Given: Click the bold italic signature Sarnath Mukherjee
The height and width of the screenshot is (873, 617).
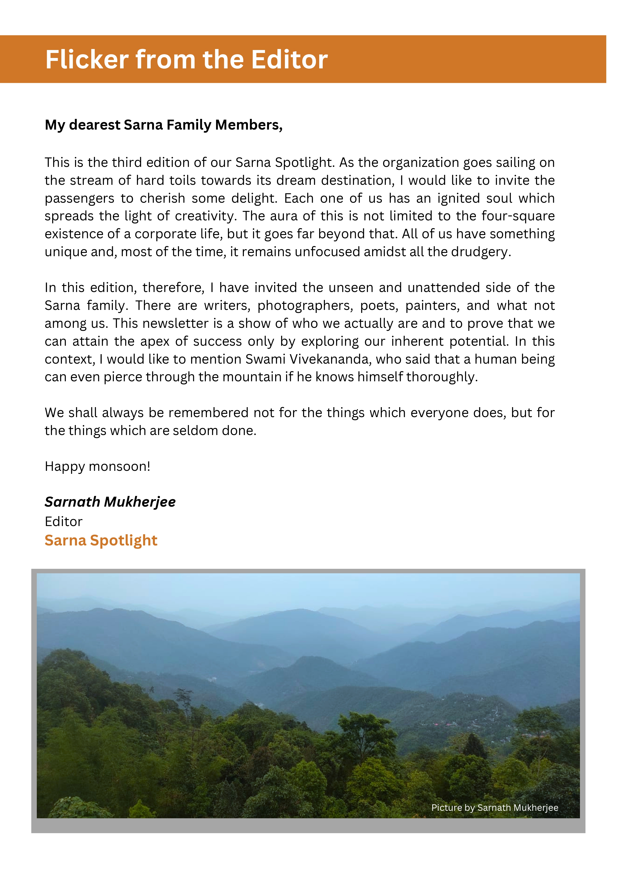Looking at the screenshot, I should point(110,502).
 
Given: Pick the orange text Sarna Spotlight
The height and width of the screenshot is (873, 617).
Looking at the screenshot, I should point(101,540).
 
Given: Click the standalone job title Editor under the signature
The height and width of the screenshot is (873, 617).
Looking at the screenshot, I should point(63,522).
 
